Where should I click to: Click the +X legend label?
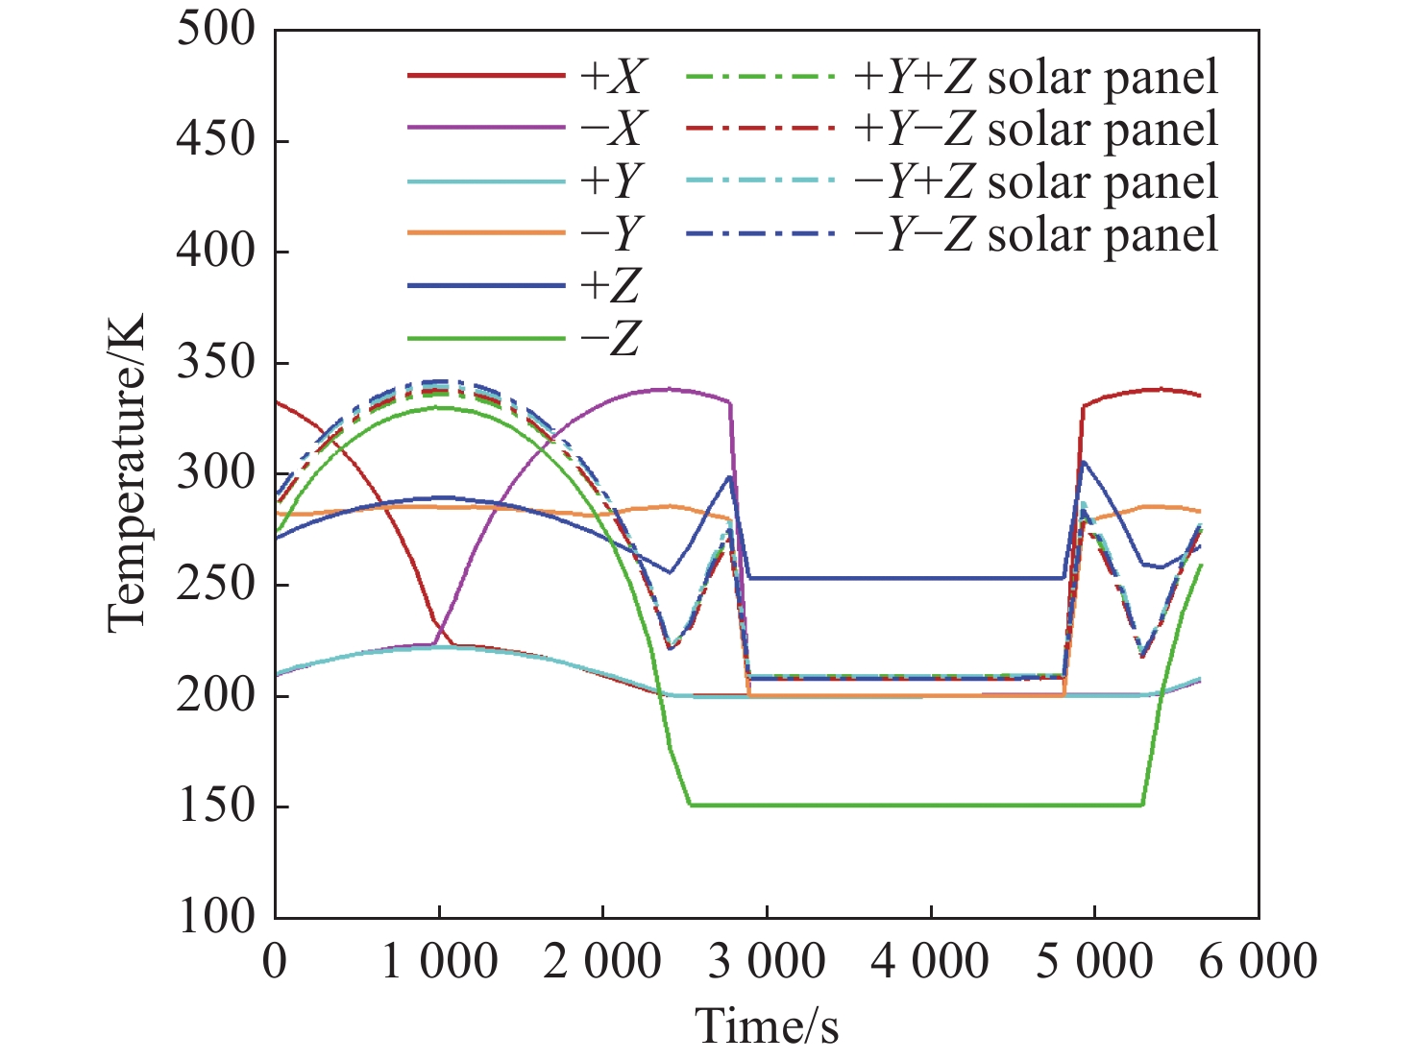tap(613, 77)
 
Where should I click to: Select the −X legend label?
tap(613, 129)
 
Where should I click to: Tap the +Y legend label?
tap(613, 181)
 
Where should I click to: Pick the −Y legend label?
tap(613, 233)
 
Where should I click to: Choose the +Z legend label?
tap(613, 285)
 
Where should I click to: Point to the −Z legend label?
tap(613, 338)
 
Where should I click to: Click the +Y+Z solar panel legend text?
tap(1036, 77)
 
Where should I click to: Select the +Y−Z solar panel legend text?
tap(1036, 129)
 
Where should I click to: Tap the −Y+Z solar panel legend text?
tap(1036, 181)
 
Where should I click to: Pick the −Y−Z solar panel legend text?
tap(1036, 233)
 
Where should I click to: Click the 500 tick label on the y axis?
tap(216, 29)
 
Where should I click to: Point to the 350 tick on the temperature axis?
tap(216, 363)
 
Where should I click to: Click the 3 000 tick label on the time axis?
tap(767, 961)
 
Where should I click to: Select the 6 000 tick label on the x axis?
tap(1258, 961)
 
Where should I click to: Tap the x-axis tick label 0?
tap(276, 961)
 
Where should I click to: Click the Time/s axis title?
tap(767, 1025)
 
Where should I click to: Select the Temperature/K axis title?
tap(126, 472)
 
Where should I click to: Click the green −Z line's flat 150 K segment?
tap(913, 805)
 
